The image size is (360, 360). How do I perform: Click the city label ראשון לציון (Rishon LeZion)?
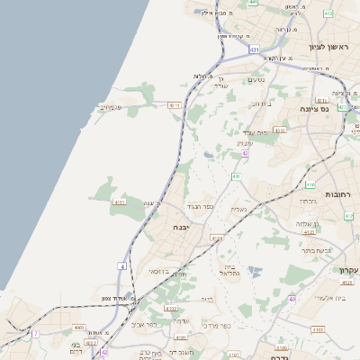328,47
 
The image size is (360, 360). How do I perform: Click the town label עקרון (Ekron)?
347,270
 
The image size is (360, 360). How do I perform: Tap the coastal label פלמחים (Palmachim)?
110,107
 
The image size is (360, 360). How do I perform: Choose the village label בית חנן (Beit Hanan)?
261,103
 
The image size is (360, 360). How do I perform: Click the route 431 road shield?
256,49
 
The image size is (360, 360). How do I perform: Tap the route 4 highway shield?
121,266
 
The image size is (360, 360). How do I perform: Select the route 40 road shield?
292,298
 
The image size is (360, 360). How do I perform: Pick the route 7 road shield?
36,333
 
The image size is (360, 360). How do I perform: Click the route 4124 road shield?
216,238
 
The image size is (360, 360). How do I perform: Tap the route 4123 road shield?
309,231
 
